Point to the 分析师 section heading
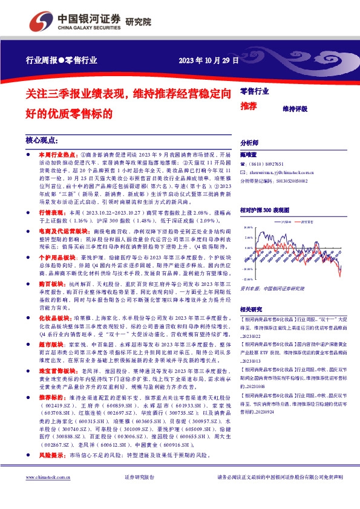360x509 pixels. pos(249,142)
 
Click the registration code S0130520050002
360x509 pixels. pos(290,180)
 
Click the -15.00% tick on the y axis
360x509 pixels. pos(245,279)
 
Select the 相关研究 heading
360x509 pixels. pos(252,308)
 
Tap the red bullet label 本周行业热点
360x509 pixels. pos(58,155)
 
